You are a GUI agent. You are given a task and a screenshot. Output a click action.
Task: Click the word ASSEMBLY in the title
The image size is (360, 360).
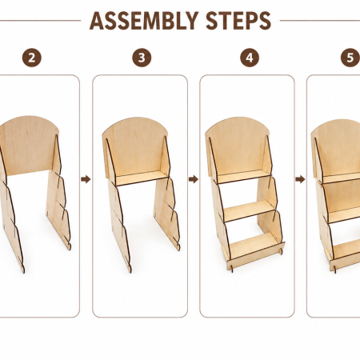(x=144, y=21)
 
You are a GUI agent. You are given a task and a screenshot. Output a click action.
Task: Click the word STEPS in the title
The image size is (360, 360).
(x=238, y=21)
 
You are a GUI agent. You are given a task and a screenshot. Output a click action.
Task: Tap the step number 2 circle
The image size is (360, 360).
(x=32, y=58)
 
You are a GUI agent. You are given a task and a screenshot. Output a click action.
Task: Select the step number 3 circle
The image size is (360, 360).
(x=142, y=58)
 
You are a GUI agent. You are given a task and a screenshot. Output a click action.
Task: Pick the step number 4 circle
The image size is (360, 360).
(x=250, y=58)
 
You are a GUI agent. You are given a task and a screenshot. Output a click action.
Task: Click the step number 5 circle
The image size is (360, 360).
(x=350, y=58)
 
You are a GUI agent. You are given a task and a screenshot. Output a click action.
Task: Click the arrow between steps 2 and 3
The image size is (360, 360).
(x=86, y=179)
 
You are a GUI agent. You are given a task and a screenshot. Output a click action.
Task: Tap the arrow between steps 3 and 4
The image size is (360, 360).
(x=194, y=179)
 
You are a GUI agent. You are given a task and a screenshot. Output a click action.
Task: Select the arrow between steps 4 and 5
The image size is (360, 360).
(x=300, y=179)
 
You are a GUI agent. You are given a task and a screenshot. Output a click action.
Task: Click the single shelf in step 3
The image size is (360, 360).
(x=142, y=178)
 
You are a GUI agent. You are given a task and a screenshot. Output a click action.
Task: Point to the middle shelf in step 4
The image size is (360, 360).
(x=250, y=210)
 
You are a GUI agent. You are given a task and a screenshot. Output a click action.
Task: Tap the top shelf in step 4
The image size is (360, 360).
(x=244, y=177)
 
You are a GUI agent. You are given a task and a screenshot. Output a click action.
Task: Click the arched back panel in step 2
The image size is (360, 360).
(x=28, y=146)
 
